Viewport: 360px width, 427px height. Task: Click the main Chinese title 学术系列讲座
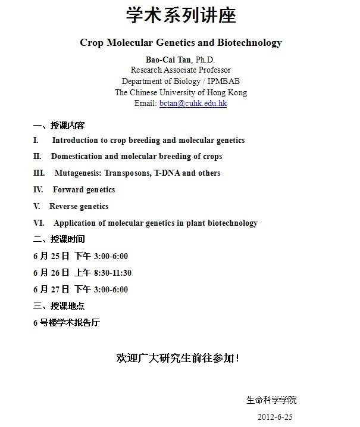pyautogui.click(x=180, y=16)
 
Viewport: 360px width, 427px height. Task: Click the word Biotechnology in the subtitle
pyautogui.click(x=249, y=43)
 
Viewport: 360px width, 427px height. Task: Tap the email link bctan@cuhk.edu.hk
pyautogui.click(x=193, y=103)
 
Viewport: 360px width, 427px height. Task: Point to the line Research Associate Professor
pyautogui.click(x=180, y=70)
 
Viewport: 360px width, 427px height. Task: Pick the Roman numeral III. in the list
pyautogui.click(x=39, y=173)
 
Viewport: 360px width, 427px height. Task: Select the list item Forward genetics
pyautogui.click(x=84, y=190)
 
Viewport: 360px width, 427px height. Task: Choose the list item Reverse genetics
pyautogui.click(x=79, y=207)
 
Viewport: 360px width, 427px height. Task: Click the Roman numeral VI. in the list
pyautogui.click(x=39, y=223)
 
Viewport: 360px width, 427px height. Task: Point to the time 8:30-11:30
pyautogui.click(x=112, y=273)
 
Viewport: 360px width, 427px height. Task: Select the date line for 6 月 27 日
pyautogui.click(x=80, y=289)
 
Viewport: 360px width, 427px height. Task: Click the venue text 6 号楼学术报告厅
pyautogui.click(x=66, y=323)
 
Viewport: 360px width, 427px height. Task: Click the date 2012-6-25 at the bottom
pyautogui.click(x=275, y=416)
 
